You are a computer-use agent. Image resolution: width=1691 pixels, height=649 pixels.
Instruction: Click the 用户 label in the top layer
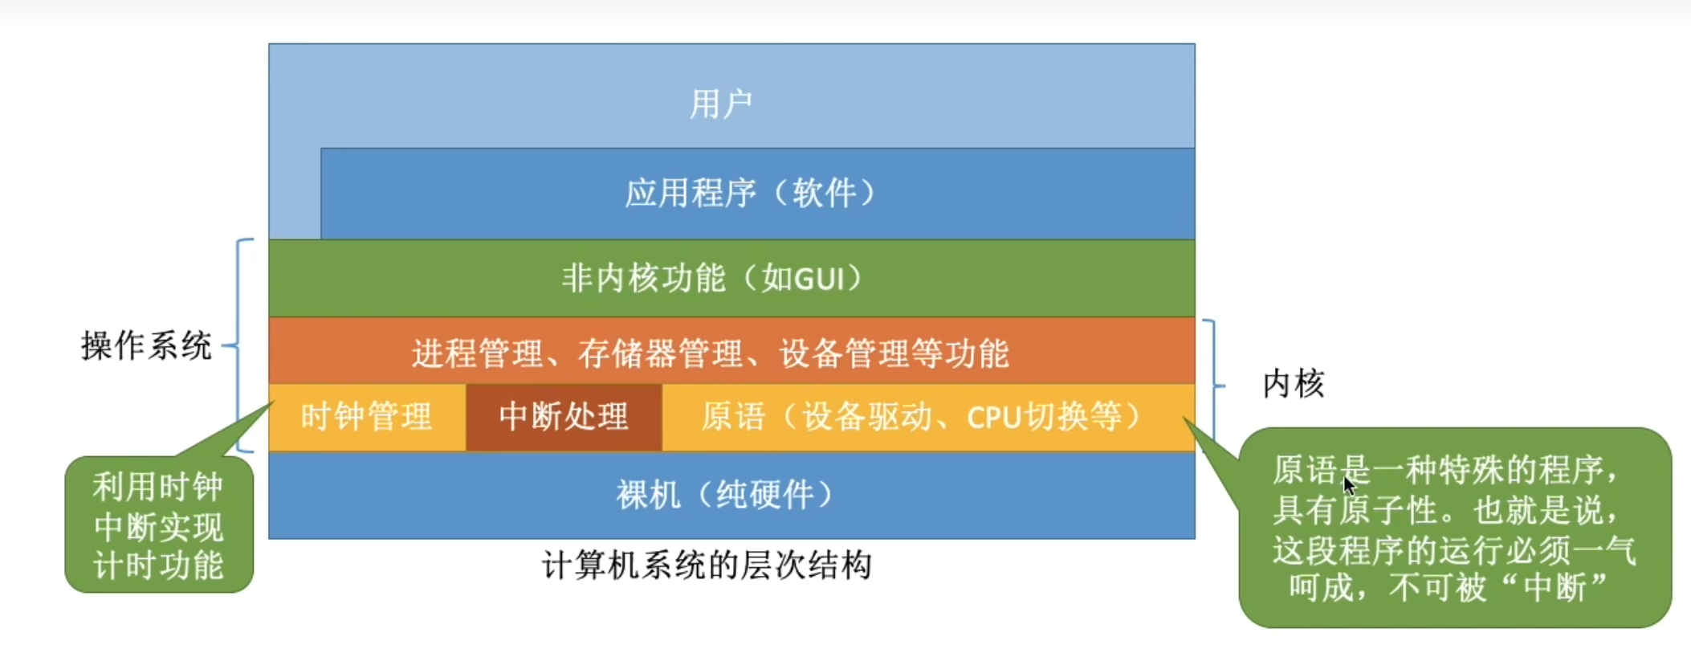721,104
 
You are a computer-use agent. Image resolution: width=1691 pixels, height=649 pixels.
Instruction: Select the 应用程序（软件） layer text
751,193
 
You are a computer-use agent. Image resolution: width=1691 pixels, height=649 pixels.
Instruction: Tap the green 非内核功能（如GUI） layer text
713,279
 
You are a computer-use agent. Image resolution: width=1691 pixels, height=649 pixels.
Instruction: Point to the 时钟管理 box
367,417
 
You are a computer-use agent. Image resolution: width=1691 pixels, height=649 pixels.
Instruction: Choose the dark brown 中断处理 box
564,417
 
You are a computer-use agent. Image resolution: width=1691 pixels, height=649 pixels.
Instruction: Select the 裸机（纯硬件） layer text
725,494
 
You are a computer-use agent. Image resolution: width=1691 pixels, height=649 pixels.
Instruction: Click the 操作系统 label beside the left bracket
146,346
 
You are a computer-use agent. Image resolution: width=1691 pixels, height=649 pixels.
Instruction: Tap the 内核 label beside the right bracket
1293,384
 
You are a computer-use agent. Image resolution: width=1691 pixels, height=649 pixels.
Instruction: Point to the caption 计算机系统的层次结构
707,565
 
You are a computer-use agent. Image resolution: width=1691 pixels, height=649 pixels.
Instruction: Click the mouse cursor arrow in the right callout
1349,486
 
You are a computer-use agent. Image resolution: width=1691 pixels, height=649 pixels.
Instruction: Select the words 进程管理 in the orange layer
478,353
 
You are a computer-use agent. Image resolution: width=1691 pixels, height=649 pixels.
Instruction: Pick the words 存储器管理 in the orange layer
660,353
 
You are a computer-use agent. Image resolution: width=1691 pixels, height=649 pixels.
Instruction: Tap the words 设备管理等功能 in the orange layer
894,353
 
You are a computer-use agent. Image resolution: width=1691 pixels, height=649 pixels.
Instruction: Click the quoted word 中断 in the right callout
1556,588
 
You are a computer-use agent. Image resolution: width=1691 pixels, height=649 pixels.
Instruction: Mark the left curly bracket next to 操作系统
241,345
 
